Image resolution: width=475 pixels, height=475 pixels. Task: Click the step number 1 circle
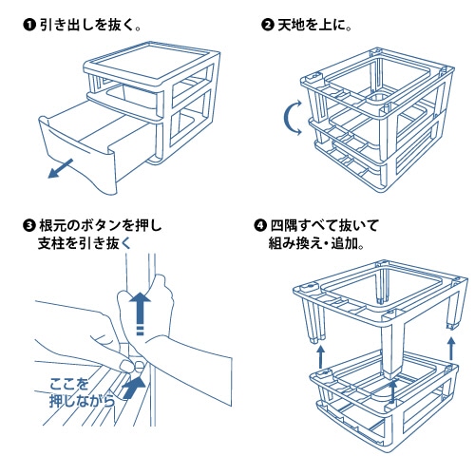(28, 25)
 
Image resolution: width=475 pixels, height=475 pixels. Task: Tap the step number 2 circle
(267, 25)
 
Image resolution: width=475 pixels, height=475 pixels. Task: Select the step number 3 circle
(28, 226)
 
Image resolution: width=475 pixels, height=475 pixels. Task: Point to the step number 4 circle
(259, 226)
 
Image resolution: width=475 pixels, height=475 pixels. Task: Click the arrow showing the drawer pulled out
(60, 168)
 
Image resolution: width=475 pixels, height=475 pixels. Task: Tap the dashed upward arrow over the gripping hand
(140, 313)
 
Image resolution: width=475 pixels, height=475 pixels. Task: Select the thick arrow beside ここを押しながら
(135, 387)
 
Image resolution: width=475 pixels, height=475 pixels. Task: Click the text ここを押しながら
(82, 392)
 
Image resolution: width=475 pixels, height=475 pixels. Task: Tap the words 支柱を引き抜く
(85, 243)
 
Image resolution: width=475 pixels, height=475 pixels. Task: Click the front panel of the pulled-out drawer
(78, 159)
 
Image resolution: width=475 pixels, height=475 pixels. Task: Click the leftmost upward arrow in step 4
(321, 356)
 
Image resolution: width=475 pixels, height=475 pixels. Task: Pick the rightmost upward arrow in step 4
(451, 349)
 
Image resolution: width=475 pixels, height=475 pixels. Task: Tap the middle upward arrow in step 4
(392, 391)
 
